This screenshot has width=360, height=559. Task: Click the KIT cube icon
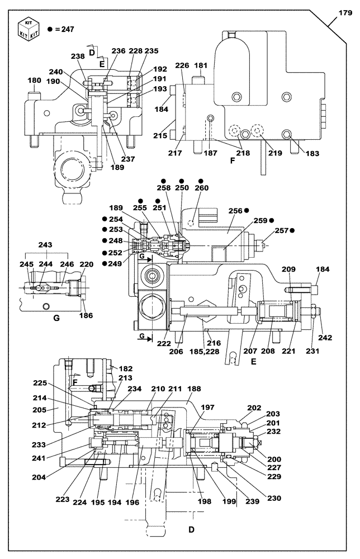pyautogui.click(x=28, y=27)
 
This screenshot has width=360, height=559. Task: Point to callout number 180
pyautogui.click(x=35, y=80)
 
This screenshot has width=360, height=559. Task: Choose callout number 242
pyautogui.click(x=325, y=337)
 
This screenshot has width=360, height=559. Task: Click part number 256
pyautogui.click(x=235, y=211)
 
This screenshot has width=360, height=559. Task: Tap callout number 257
pyautogui.click(x=281, y=230)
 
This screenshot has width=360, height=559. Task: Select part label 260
pyautogui.click(x=201, y=189)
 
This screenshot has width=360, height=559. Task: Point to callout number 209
pyautogui.click(x=288, y=269)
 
